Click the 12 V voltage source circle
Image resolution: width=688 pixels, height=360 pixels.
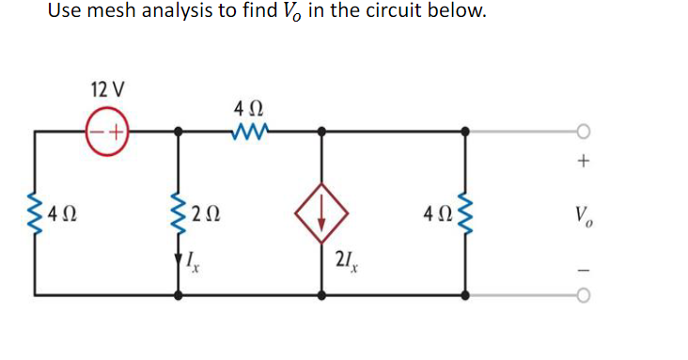coord(107,132)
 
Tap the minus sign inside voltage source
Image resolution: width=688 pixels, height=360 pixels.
coord(99,132)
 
